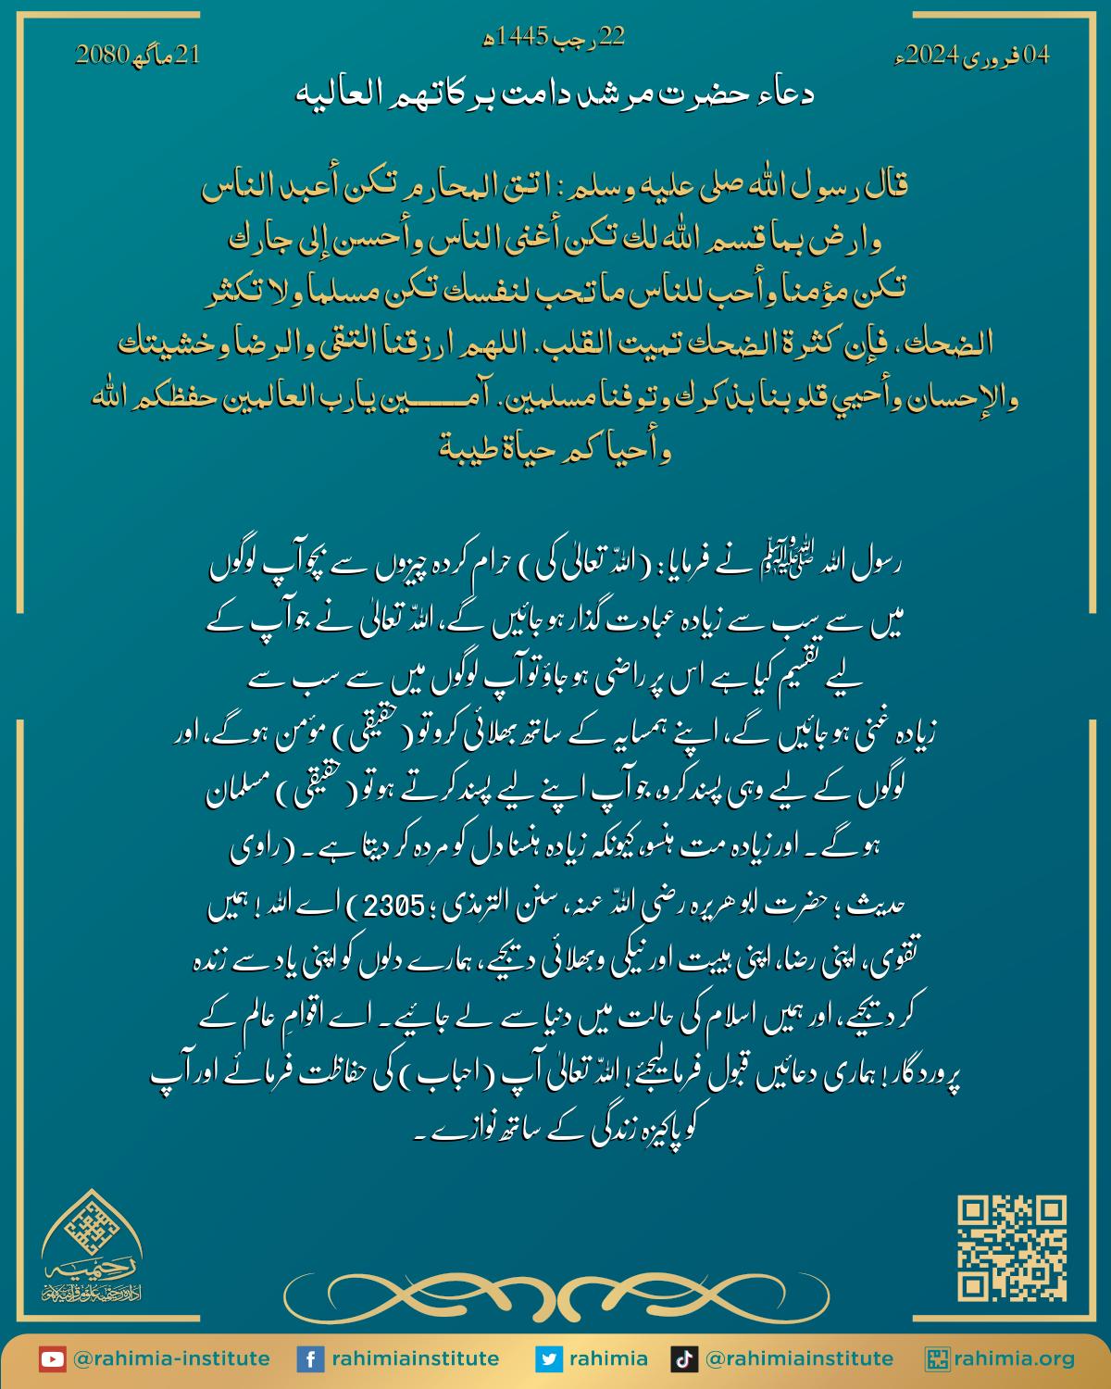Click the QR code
pyautogui.click(x=1011, y=1248)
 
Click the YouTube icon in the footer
pyautogui.click(x=52, y=1359)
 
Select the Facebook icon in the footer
pyautogui.click(x=309, y=1359)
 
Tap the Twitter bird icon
pyautogui.click(x=548, y=1359)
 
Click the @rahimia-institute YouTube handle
pyautogui.click(x=171, y=1359)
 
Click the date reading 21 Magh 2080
pyautogui.click(x=137, y=56)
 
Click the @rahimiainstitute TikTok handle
pyautogui.click(x=799, y=1359)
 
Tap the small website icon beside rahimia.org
pyautogui.click(x=937, y=1359)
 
